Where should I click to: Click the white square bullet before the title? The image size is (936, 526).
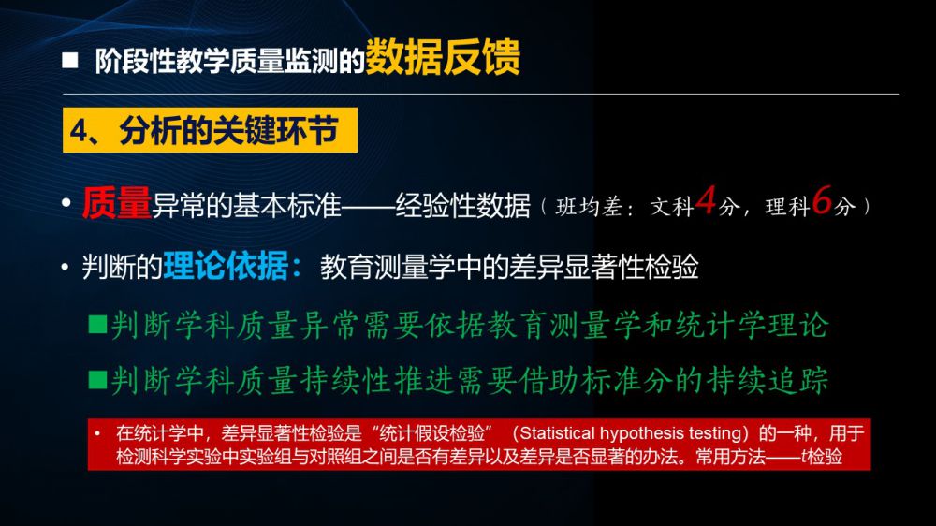70,60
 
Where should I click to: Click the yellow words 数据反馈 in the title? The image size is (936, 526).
443,57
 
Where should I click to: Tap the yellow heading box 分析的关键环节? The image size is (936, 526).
210,130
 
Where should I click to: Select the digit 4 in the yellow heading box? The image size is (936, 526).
80,131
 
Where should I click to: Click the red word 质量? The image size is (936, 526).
117,203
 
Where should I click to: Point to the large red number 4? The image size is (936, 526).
706,199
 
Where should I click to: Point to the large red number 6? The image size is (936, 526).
822,199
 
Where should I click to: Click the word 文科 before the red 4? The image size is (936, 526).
672,207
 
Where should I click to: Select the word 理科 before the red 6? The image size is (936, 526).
788,207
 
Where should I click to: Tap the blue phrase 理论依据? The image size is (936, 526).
226,266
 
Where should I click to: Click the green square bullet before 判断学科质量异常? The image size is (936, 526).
97,324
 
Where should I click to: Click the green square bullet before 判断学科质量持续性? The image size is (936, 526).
97,379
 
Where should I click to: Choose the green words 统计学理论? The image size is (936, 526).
752,326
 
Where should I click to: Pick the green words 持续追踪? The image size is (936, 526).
768,380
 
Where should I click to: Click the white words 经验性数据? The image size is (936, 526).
462,206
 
